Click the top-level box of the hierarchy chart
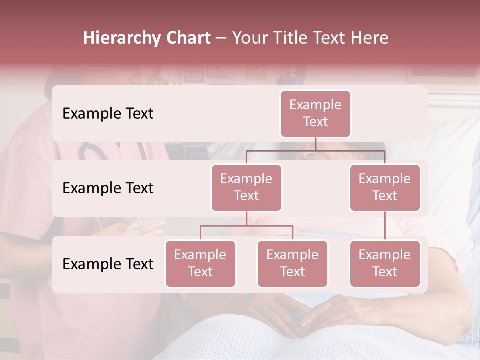(x=315, y=114)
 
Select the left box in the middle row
(x=246, y=188)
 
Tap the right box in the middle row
(x=385, y=188)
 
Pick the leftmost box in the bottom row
(x=200, y=264)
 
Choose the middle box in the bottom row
(x=292, y=264)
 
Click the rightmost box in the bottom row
(x=385, y=264)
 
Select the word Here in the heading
(x=370, y=38)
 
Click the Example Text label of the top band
(x=108, y=114)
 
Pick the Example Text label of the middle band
(x=108, y=188)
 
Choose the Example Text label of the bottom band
(x=108, y=264)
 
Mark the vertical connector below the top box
(x=315, y=144)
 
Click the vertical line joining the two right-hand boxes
(x=385, y=226)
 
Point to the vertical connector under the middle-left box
(x=246, y=218)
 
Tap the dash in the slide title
(x=221, y=38)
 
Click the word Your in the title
(x=250, y=38)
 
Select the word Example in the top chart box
(x=315, y=105)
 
